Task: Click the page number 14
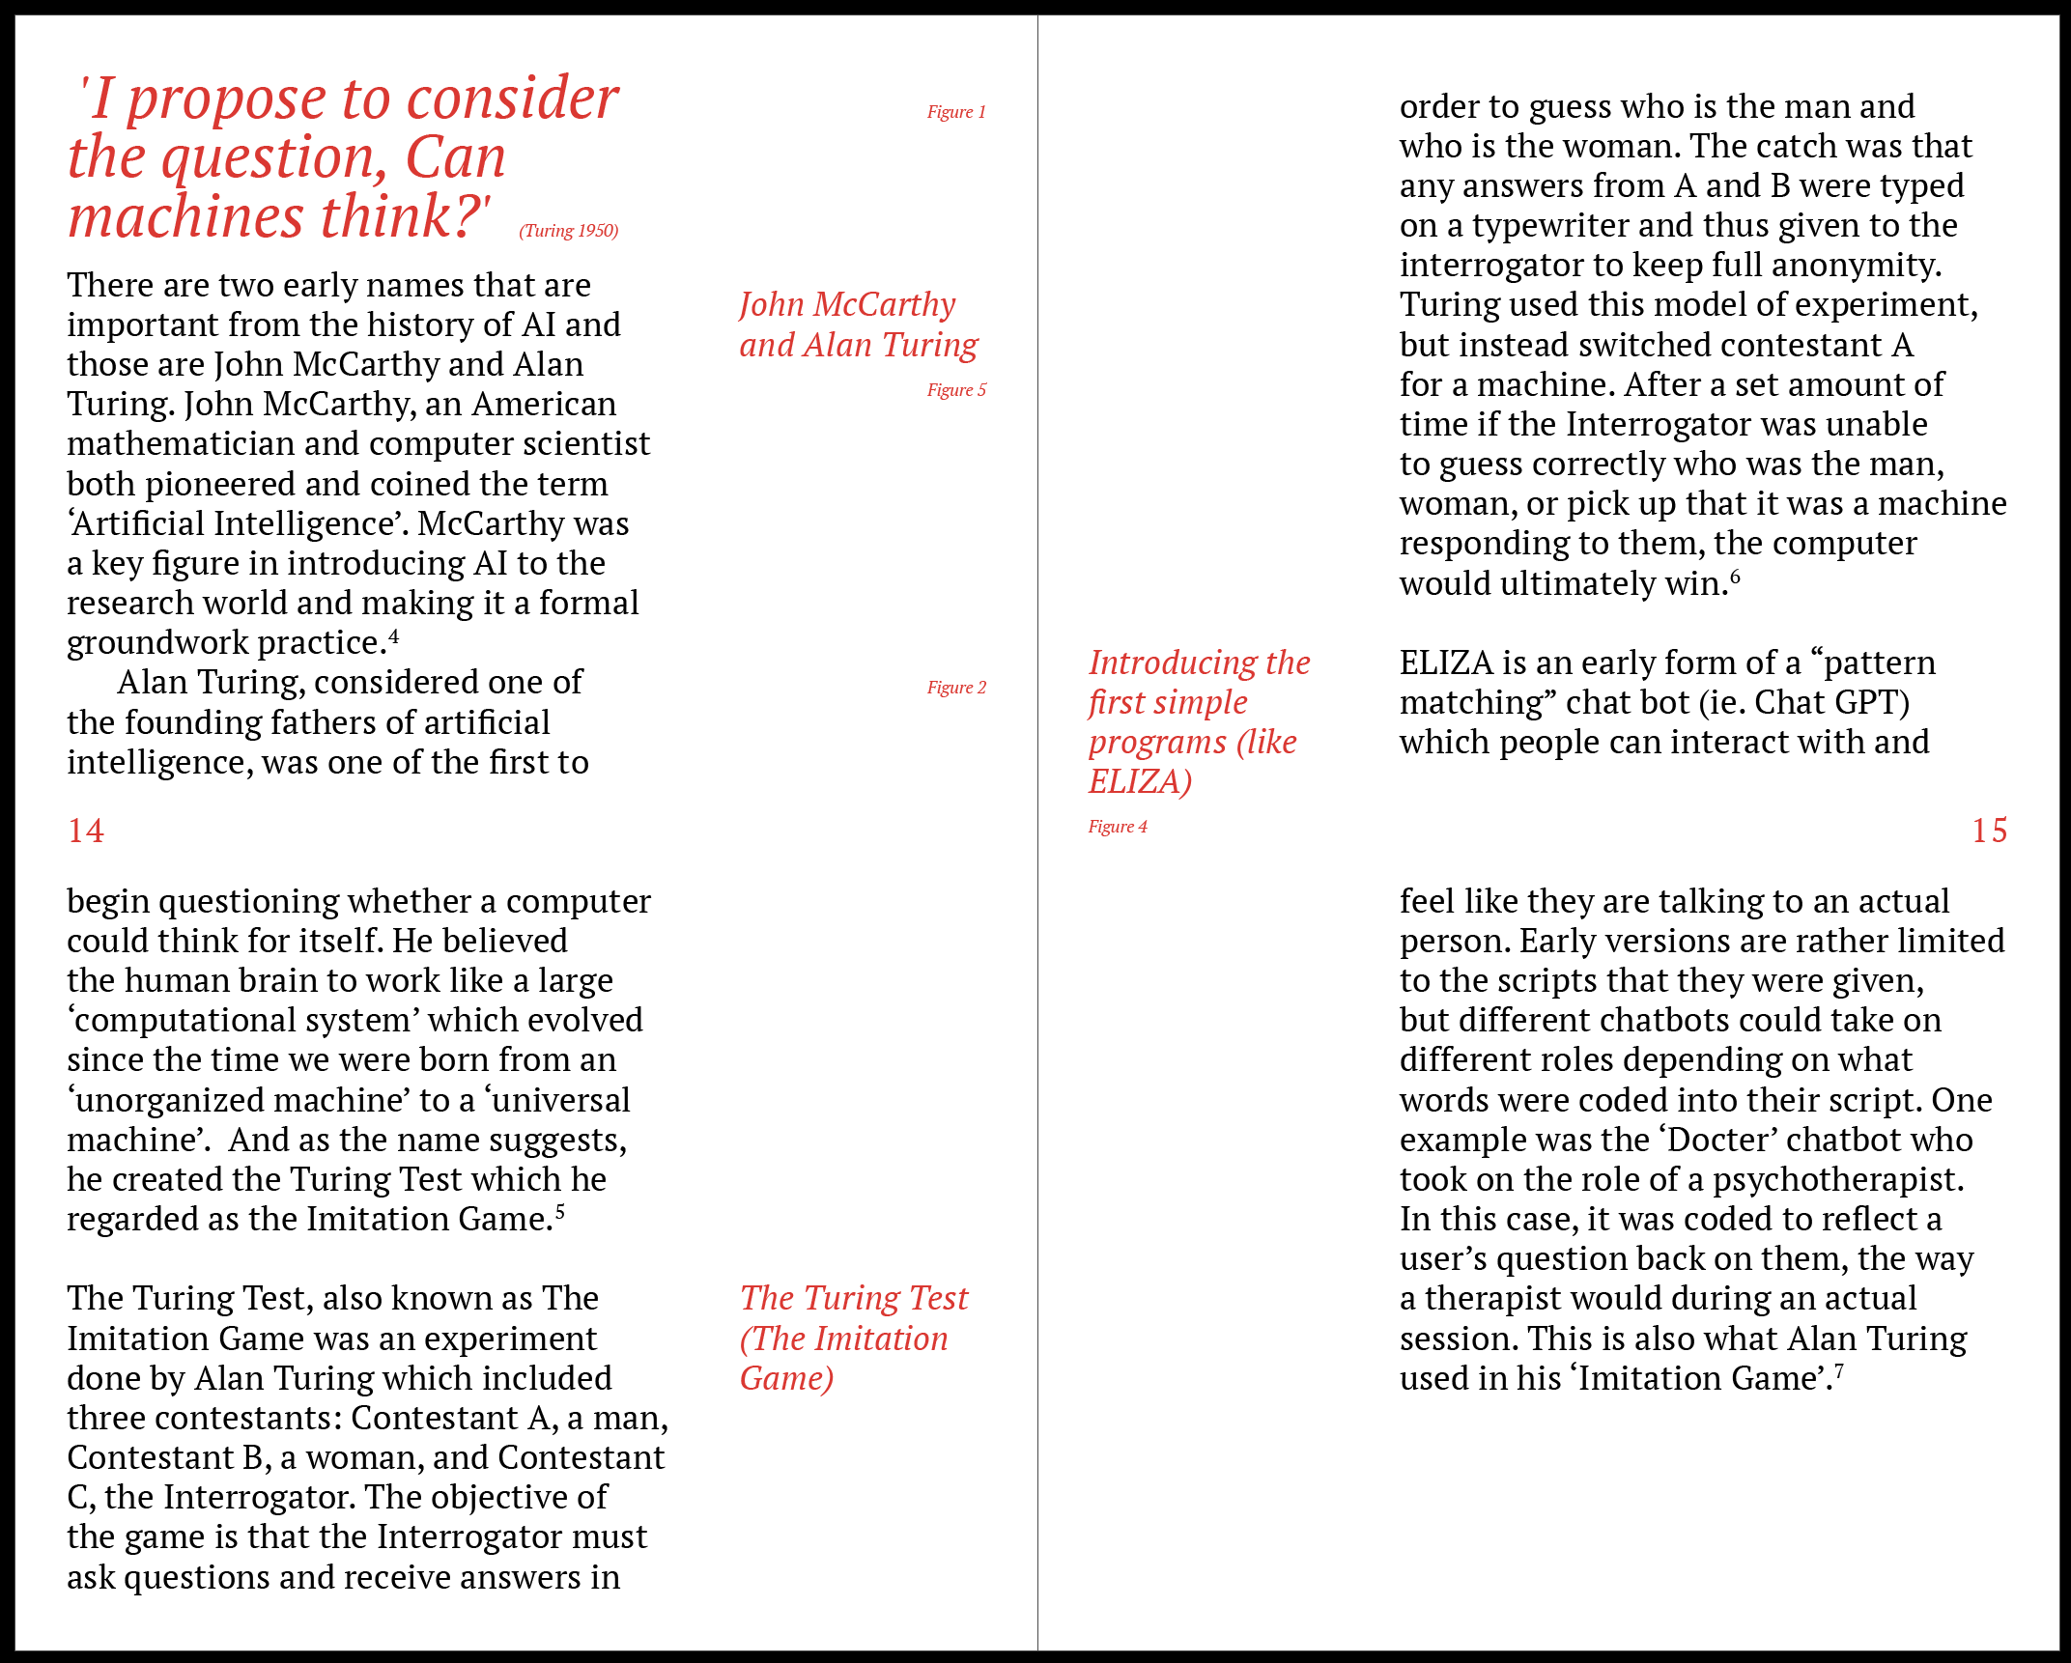86,831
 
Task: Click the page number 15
1989,831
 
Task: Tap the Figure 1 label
956,112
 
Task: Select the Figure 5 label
956,390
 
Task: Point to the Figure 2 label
956,688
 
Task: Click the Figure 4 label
1118,827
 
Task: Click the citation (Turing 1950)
568,231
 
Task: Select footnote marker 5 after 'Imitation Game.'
560,1211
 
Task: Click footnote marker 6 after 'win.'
1735,577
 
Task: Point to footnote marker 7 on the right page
1838,1370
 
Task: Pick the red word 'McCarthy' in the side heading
884,305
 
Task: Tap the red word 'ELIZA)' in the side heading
1140,781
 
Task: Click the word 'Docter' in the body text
1717,1141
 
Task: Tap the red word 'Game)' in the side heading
786,1378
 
